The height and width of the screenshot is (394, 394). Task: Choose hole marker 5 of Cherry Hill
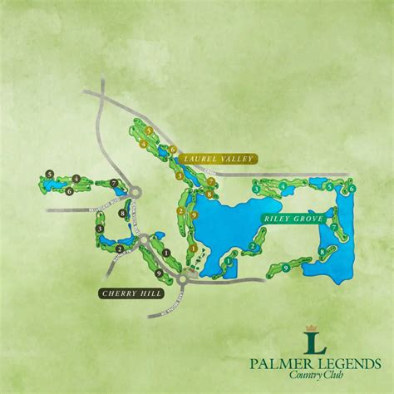pos(50,174)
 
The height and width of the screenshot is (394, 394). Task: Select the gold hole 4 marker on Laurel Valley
pos(144,144)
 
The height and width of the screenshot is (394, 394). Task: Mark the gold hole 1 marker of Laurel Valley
pos(193,248)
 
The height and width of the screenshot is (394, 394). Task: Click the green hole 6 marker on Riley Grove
pos(352,190)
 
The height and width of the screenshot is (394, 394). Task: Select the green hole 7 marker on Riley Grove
pos(332,226)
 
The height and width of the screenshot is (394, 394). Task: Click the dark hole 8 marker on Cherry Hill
pos(121,214)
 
